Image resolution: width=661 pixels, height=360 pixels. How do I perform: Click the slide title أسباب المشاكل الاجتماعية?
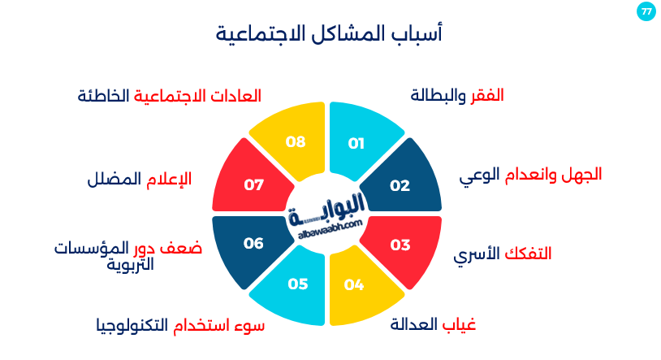coord(329,33)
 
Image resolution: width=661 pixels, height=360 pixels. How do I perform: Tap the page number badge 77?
coord(646,11)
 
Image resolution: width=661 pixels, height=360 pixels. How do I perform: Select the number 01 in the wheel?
coord(356,144)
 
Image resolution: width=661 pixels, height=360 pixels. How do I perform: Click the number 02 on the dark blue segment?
coord(400,185)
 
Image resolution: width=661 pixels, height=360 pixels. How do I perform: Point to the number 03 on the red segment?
coord(400,245)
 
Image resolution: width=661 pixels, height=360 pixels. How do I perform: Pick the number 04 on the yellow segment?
coord(354,285)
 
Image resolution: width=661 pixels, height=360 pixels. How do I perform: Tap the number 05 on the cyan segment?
coord(298,284)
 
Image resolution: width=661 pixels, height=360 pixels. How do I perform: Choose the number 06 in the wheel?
coord(253,243)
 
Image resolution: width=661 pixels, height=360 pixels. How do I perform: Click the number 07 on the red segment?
coord(254,184)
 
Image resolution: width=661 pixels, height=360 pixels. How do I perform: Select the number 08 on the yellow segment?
coord(296,141)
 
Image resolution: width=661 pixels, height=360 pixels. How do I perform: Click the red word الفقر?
coord(487,96)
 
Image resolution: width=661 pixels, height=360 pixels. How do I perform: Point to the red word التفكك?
coord(528,254)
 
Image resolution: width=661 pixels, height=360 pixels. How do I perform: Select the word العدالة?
coord(413,324)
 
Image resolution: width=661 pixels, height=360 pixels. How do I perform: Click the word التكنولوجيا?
coord(132,326)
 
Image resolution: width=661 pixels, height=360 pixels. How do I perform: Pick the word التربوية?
coord(130,265)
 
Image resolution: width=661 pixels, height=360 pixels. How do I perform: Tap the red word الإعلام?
coord(169,180)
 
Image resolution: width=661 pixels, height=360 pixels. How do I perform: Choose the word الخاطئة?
coord(103,96)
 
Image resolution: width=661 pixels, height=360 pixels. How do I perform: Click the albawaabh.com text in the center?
coord(330,229)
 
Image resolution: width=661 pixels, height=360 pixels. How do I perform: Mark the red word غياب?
coord(459,324)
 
